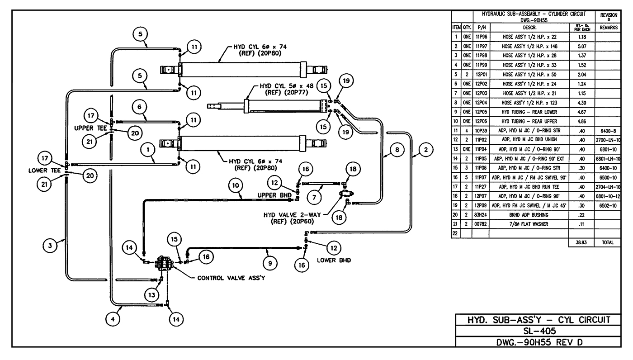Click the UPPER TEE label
[x=90, y=128]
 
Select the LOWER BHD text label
[x=333, y=261]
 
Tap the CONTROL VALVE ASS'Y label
[x=231, y=278]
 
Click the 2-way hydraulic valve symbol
[x=346, y=194]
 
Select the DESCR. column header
[x=526, y=27]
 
